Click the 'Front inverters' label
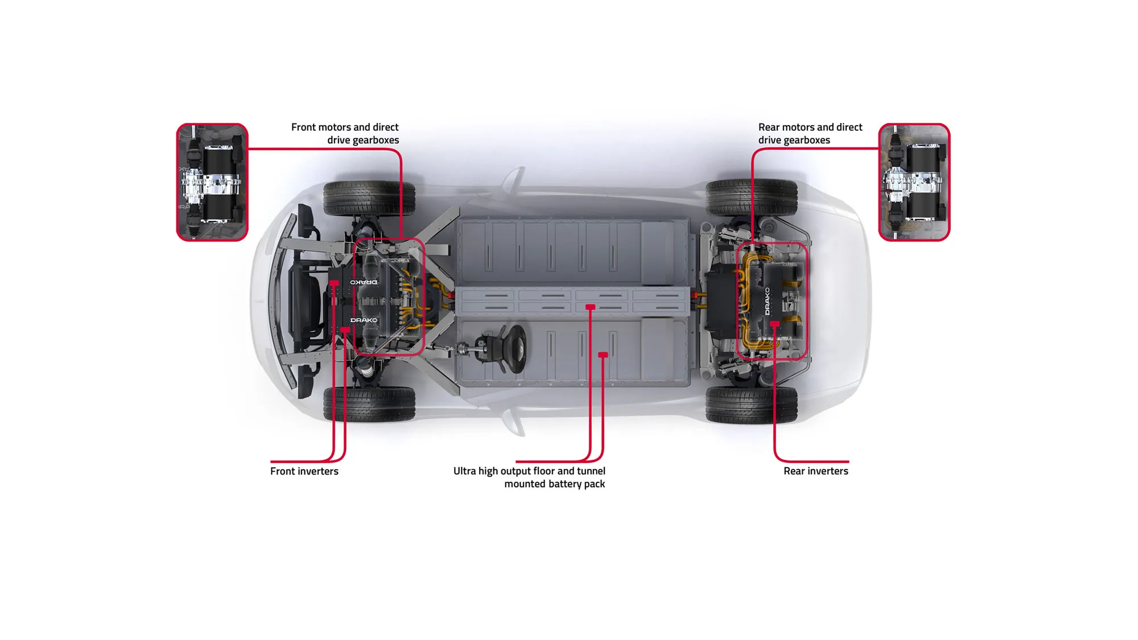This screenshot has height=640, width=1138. click(x=304, y=471)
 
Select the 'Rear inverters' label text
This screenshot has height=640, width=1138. click(x=815, y=471)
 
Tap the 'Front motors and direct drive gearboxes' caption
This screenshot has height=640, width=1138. click(x=345, y=134)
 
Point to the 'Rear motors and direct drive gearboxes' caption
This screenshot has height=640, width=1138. click(x=810, y=134)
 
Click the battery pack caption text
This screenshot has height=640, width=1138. click(x=529, y=477)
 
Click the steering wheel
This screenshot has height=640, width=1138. click(x=516, y=349)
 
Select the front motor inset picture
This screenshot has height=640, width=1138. click(x=212, y=182)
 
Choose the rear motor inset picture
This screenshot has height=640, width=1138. click(x=914, y=182)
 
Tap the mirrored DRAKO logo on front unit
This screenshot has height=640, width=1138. click(x=364, y=282)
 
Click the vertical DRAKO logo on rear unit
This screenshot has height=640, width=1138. click(x=767, y=302)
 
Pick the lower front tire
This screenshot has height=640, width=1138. click(x=369, y=404)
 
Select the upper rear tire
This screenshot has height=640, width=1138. click(x=751, y=197)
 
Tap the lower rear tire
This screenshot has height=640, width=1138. click(x=751, y=404)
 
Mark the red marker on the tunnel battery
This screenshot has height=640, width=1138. click(x=590, y=307)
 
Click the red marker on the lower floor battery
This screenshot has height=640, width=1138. click(x=603, y=355)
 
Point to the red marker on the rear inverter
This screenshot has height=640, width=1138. click(x=774, y=324)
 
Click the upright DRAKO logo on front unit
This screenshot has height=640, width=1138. click(x=364, y=320)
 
